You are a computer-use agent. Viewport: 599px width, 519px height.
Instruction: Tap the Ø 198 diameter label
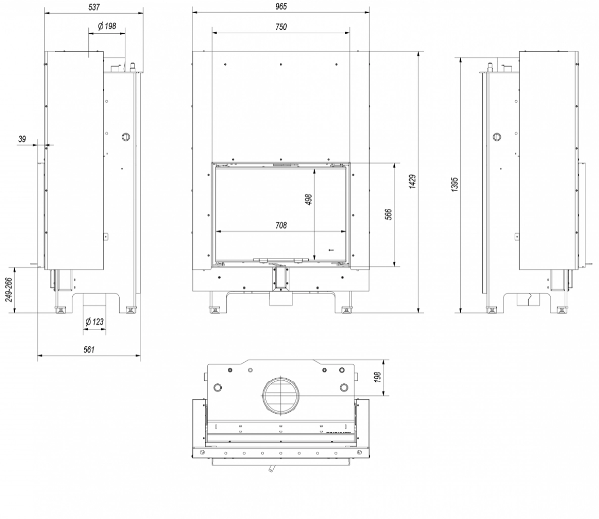point(106,26)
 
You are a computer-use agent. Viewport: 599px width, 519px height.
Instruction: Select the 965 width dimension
point(281,7)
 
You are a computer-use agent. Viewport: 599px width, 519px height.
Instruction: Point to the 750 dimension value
point(281,27)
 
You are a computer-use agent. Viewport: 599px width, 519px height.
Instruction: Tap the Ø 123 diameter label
point(95,321)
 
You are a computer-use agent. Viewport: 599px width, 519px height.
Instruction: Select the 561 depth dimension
point(89,349)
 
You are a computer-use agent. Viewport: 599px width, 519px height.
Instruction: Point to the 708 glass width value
point(281,225)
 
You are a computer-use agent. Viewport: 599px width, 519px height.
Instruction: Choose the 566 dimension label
point(388,214)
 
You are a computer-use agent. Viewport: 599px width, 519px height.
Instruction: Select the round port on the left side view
point(125,137)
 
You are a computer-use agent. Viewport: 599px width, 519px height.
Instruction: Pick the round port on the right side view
point(497,137)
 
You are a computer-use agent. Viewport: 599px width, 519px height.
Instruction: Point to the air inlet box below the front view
point(281,300)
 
